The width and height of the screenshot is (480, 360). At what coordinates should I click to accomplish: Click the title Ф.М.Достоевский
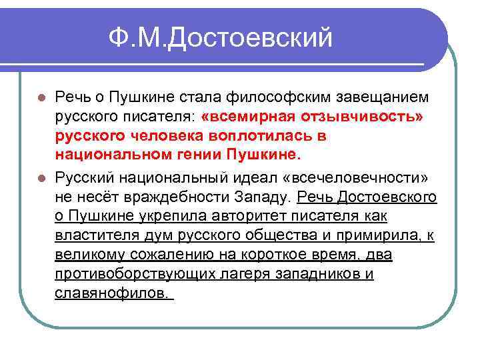tap(221, 39)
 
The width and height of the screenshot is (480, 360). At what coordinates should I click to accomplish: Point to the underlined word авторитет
tap(247, 217)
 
